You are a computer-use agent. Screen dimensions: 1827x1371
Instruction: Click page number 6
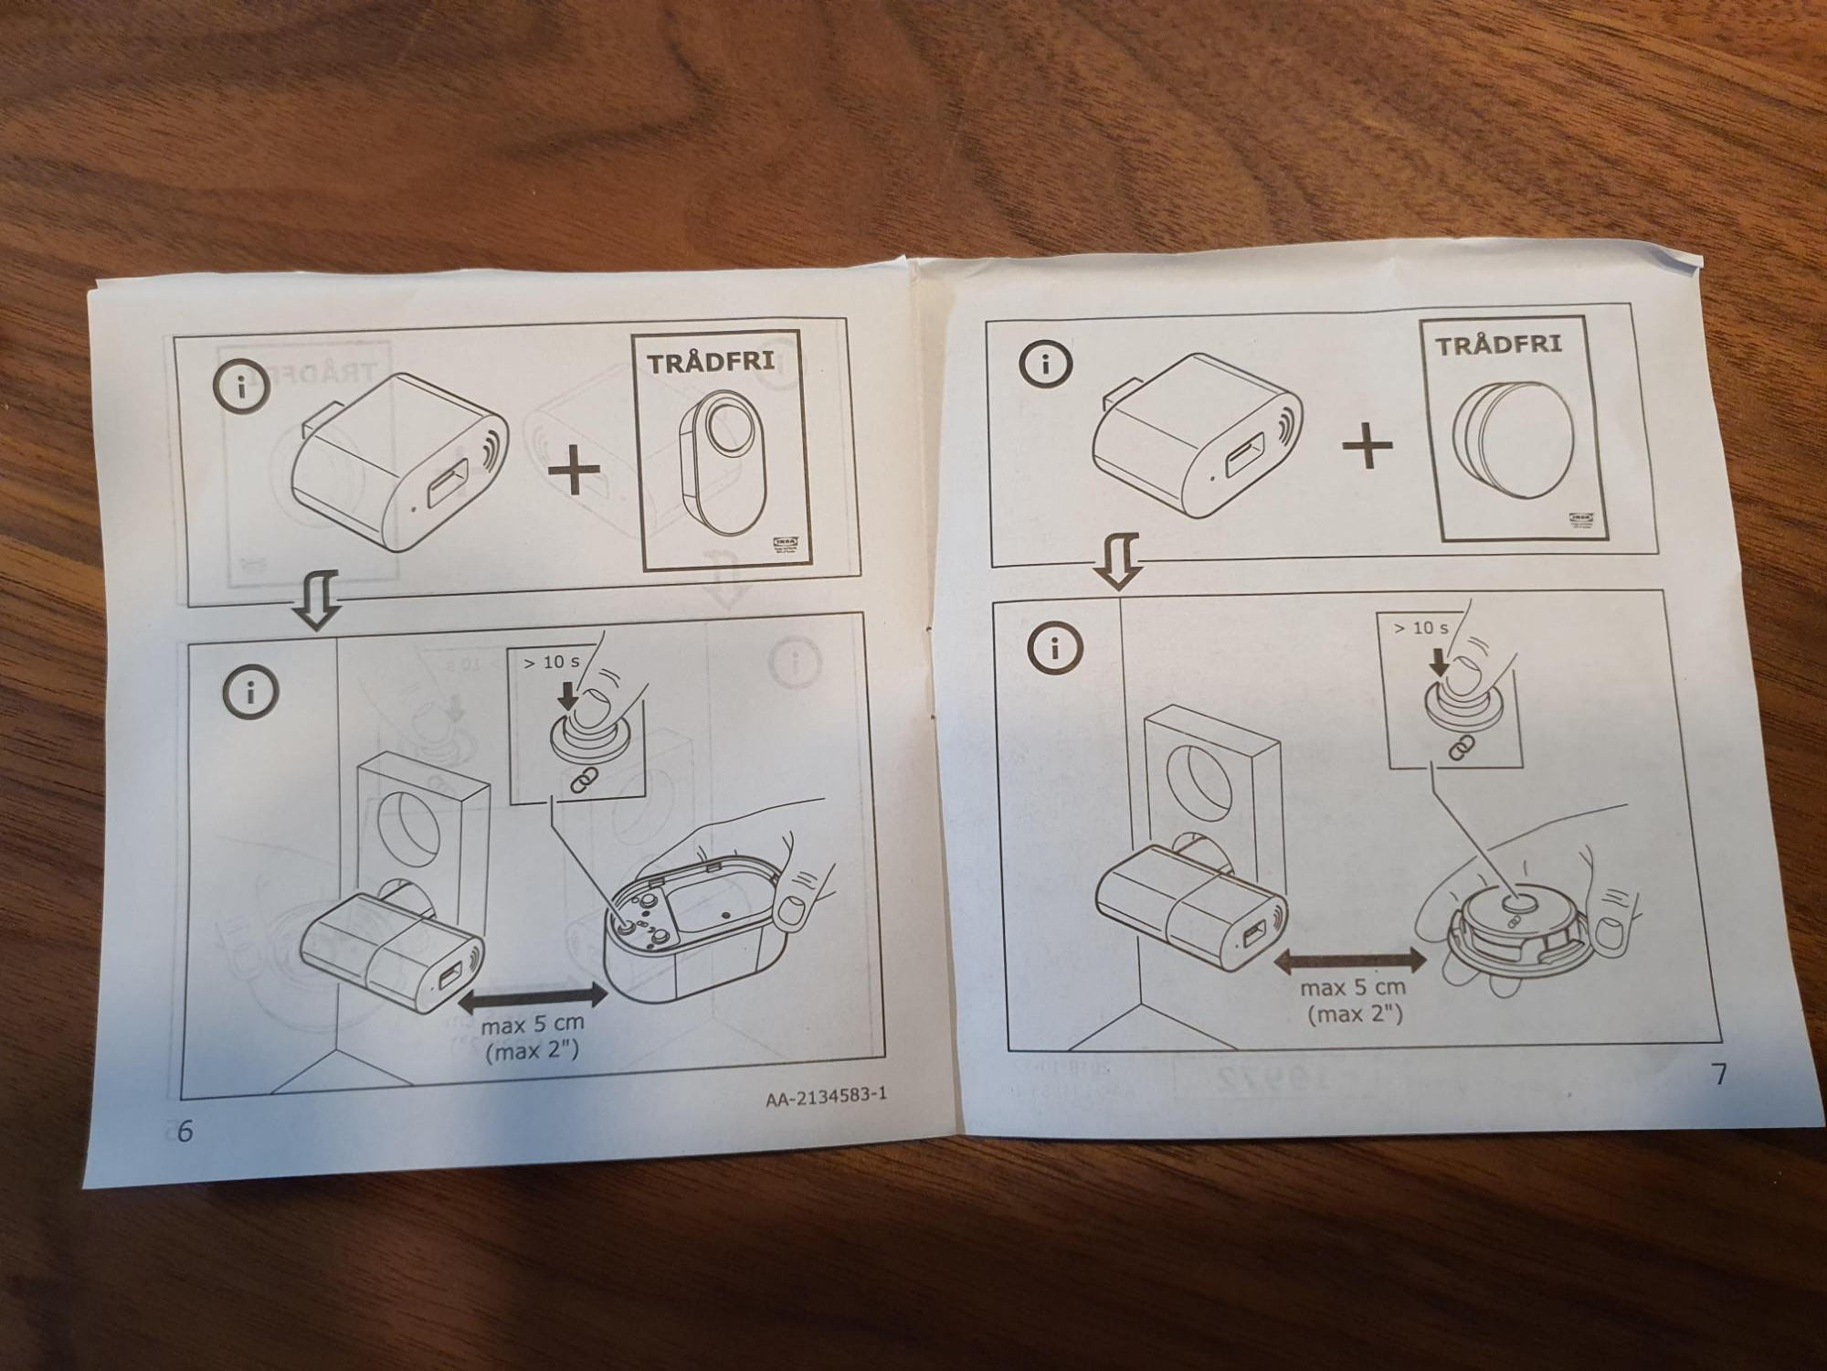coord(185,1132)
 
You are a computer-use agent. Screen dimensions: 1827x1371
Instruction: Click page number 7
coord(1718,1075)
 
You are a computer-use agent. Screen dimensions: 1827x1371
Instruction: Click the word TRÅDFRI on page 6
coord(711,362)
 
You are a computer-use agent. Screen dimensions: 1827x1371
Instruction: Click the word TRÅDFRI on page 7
coord(1498,345)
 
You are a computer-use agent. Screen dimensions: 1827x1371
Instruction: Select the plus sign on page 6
coord(574,471)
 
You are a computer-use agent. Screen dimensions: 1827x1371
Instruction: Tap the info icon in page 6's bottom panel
coord(249,692)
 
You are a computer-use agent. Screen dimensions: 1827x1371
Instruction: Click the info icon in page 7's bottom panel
coord(1055,648)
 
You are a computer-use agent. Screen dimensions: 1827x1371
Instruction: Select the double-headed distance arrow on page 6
coord(533,998)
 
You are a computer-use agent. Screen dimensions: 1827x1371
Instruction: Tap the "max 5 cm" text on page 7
coord(1352,988)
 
